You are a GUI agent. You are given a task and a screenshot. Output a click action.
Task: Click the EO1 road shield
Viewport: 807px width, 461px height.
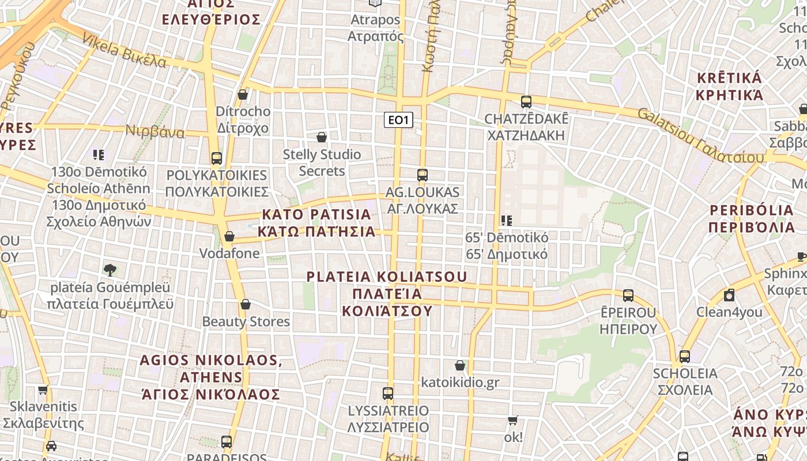[398, 120]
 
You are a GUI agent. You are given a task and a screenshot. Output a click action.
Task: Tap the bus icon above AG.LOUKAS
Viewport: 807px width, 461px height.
[423, 175]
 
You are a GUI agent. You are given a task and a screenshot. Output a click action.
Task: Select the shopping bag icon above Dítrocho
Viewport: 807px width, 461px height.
[243, 95]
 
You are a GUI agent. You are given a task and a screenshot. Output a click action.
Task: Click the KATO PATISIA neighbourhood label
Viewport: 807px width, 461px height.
[316, 223]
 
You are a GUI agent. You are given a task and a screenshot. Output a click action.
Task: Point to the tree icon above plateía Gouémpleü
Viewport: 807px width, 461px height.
[110, 270]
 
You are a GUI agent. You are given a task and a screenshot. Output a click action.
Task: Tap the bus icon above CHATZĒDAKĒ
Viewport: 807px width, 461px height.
[526, 102]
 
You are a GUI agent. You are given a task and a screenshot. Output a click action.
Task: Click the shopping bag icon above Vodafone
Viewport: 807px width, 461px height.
[229, 236]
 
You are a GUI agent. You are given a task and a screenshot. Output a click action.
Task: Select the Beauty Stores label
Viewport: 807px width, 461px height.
[246, 322]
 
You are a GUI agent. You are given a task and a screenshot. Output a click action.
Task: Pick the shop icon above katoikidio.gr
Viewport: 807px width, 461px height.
[460, 365]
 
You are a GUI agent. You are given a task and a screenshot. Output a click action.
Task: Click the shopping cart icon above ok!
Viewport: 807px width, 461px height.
[513, 421]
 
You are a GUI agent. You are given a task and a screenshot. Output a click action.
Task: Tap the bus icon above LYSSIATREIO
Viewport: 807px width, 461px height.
[388, 394]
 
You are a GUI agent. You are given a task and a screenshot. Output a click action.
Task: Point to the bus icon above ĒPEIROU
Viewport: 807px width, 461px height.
[628, 296]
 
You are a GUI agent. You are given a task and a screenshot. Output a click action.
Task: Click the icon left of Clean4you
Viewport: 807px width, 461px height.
[729, 296]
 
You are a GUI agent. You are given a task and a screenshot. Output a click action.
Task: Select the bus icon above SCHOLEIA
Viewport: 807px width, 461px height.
[685, 356]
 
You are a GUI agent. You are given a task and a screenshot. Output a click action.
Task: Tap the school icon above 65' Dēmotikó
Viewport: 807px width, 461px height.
[507, 220]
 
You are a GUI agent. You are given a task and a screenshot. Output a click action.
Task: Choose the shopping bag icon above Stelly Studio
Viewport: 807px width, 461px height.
[322, 137]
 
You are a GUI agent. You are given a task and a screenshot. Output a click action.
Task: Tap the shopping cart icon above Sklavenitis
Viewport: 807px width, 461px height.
[43, 390]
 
